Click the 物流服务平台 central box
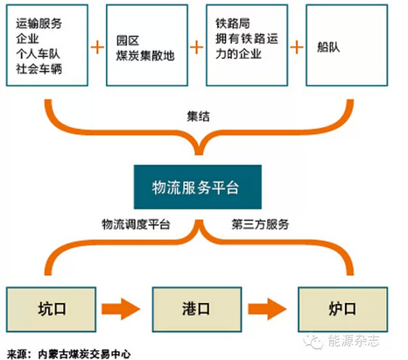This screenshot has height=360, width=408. point(198,187)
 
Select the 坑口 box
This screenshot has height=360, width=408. point(51,309)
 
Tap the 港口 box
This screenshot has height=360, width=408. point(197,309)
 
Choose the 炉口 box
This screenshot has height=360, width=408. point(343,309)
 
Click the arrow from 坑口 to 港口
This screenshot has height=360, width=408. point(121,309)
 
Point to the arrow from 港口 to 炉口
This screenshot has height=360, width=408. point(267,309)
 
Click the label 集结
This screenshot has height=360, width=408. point(199,116)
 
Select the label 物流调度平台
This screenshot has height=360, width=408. point(136,224)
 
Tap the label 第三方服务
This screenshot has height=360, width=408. point(260,224)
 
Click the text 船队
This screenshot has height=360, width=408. point(328,47)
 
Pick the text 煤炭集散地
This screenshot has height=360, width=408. point(145,55)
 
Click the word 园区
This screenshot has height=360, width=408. point(128,40)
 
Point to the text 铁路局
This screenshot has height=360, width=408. point(233,24)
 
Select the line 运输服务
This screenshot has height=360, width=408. point(39,24)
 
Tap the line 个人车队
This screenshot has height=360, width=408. point(38,53)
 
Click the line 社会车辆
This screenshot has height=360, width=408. point(39,69)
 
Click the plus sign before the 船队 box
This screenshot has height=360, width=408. point(297,47)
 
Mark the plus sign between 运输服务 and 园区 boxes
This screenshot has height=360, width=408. point(97,47)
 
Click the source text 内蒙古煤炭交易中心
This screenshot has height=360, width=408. point(84,354)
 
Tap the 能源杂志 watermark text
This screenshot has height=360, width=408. point(354,341)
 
